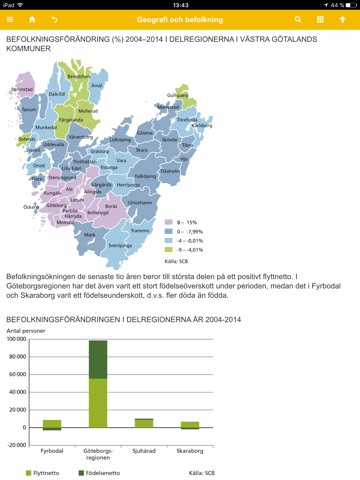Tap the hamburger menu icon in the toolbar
(11, 19)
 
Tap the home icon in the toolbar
(32, 19)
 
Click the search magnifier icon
(298, 19)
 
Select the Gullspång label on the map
(178, 95)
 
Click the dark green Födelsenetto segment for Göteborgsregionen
(98, 359)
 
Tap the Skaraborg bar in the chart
(189, 424)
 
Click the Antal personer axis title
(27, 331)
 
